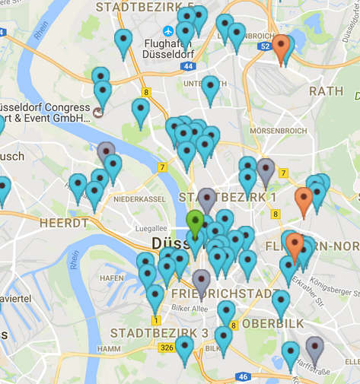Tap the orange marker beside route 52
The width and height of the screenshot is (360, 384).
(281, 46)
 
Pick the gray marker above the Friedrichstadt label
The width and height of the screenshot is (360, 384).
(201, 281)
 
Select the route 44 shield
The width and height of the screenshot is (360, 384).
(187, 67)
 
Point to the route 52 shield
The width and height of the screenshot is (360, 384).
(264, 47)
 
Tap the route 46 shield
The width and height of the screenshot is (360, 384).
(243, 376)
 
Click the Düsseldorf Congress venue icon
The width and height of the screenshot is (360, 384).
(97, 114)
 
